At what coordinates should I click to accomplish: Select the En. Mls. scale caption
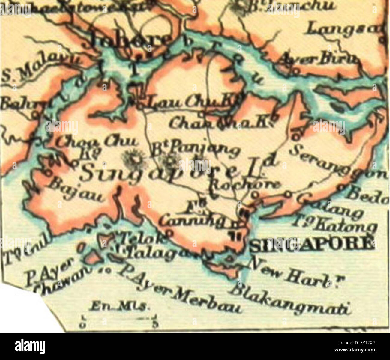[118, 306]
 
